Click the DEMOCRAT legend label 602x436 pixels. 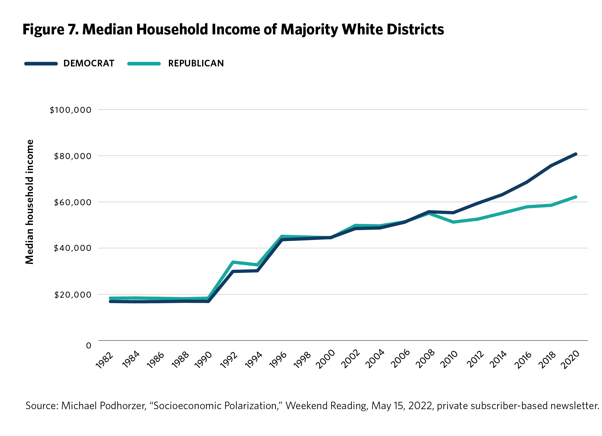[89, 63]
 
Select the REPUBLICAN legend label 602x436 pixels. [196, 63]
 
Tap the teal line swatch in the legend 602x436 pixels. [144, 64]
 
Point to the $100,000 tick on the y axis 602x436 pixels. [70, 110]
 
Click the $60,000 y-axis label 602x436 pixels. [73, 202]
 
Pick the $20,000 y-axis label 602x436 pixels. [73, 295]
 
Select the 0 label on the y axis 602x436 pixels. [89, 345]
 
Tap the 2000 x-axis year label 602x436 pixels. [325, 359]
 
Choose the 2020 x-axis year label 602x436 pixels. [570, 359]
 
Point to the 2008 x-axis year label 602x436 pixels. [425, 359]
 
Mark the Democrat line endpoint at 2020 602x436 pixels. [576, 154]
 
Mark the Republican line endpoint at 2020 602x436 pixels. [576, 197]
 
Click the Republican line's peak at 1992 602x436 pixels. [233, 262]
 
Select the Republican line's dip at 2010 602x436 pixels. [453, 222]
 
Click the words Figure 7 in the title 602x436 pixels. [50, 29]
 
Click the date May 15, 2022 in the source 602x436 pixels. [402, 406]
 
